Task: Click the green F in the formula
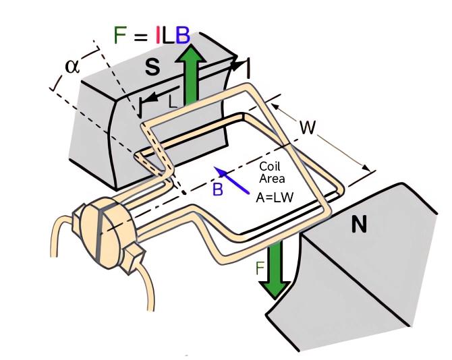tap(121, 35)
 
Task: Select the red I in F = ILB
tap(158, 35)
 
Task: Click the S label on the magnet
tap(152, 67)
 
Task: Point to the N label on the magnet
tap(359, 224)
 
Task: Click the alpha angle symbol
tap(72, 66)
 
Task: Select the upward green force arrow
tap(191, 73)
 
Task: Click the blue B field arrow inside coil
tap(231, 180)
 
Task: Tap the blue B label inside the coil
tap(218, 189)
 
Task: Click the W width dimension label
tap(308, 127)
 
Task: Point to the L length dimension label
tap(173, 102)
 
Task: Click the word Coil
tap(270, 166)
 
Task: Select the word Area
tap(272, 179)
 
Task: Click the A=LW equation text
tap(275, 198)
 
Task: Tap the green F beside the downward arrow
tap(260, 268)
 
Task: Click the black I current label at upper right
tap(248, 68)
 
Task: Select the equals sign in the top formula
tap(142, 37)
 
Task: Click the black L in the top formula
tap(169, 35)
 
